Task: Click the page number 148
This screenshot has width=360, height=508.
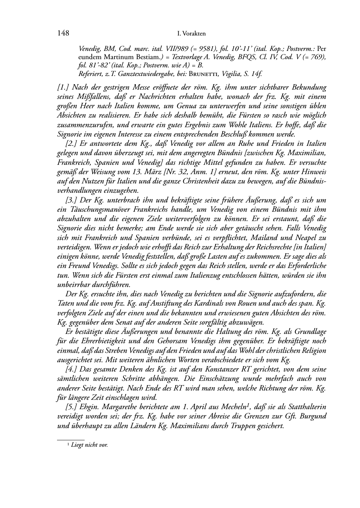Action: coord(63,33)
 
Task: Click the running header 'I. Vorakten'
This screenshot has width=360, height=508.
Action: coord(191,34)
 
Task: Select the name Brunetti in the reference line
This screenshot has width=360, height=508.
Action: coord(204,74)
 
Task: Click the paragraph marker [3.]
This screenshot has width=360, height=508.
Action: coord(71,200)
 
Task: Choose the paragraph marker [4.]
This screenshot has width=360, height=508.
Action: coord(71,369)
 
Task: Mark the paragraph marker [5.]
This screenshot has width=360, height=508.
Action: coord(71,407)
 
